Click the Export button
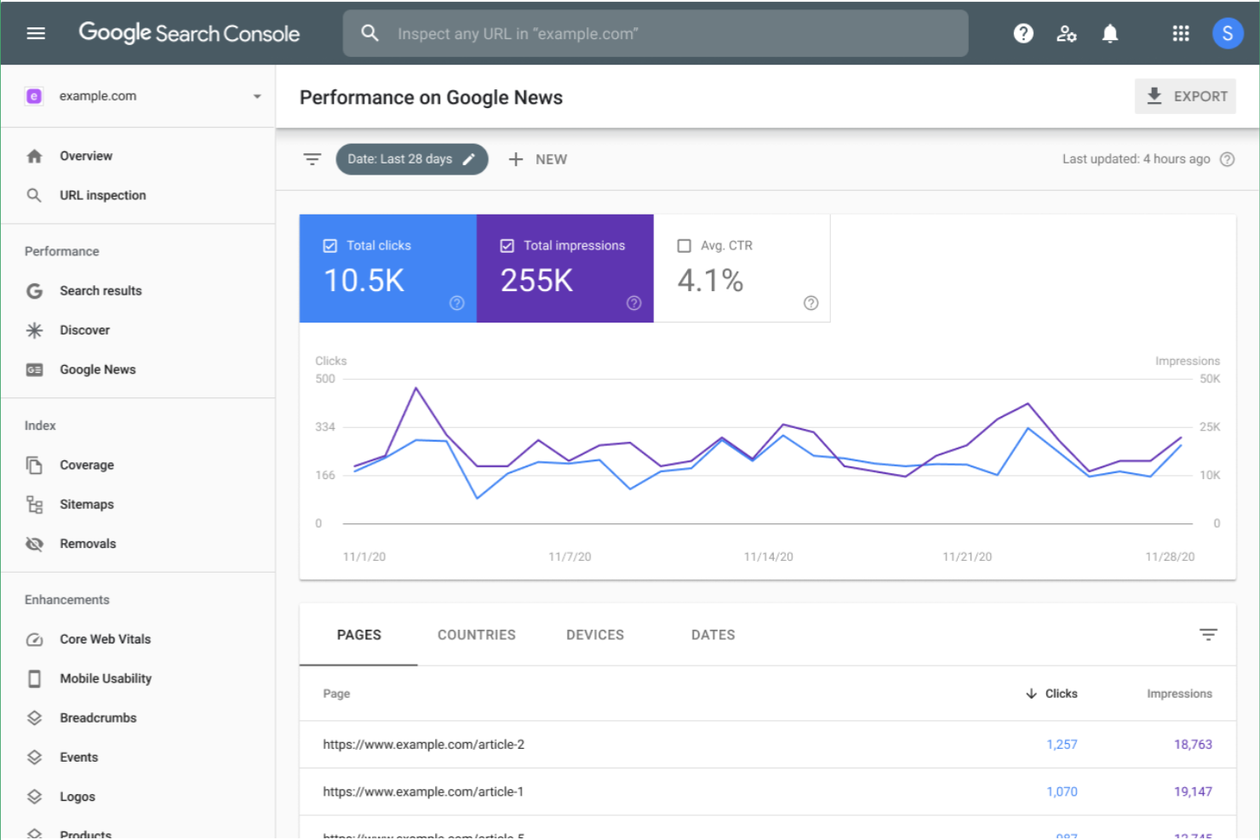1185,96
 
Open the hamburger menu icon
36,33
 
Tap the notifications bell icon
1109,33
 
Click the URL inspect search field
656,34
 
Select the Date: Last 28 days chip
411,159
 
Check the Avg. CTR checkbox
684,246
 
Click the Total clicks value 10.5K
364,281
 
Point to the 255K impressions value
536,281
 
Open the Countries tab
476,635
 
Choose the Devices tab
595,635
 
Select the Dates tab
713,635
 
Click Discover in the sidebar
84,330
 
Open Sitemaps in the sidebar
86,505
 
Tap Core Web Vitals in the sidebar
105,639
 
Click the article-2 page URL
423,745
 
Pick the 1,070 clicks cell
1062,791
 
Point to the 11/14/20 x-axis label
768,557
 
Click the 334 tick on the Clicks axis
325,427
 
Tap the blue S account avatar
1227,33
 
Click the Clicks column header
1060,694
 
